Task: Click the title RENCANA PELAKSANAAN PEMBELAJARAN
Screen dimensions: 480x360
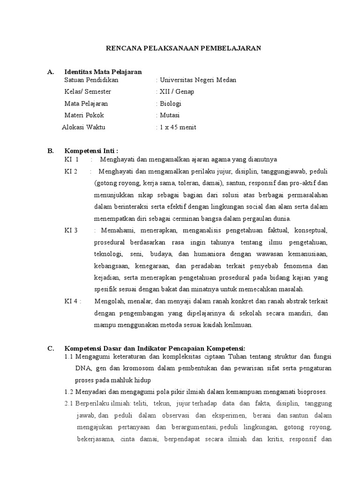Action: (182, 48)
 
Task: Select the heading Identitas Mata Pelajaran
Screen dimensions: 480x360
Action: (103, 72)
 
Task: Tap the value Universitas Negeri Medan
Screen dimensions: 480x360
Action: (198, 80)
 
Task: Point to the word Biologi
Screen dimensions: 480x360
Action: (170, 104)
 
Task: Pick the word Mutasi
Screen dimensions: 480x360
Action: (169, 115)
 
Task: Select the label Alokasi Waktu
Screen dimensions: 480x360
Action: (84, 127)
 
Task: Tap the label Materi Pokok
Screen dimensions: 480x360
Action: (84, 115)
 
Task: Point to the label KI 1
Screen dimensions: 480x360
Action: (71, 159)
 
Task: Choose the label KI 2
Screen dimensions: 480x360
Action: (71, 171)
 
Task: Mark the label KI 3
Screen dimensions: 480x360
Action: (71, 230)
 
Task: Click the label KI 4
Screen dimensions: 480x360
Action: (73, 301)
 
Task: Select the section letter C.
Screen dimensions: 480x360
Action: (51, 348)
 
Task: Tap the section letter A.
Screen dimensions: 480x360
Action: (51, 72)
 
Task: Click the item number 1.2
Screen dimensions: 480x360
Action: (69, 392)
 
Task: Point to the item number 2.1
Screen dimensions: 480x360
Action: (69, 404)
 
